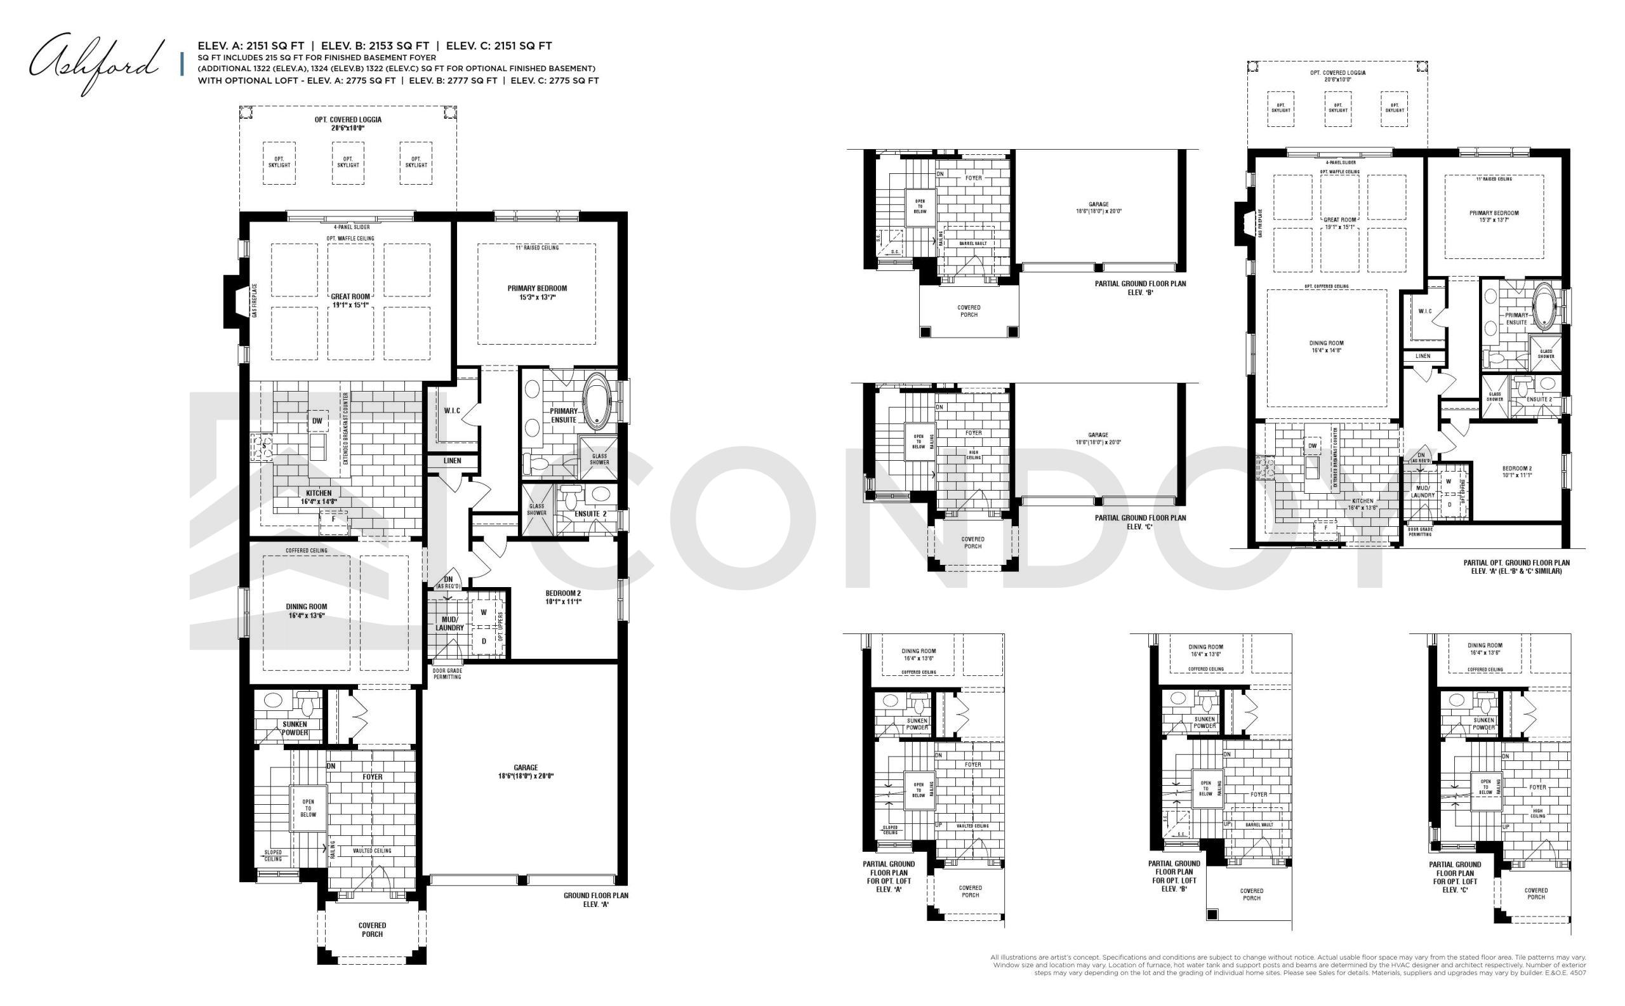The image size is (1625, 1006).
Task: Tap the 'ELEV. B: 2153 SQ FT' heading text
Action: coord(375,46)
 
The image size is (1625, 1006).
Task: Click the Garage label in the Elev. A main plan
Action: coord(525,771)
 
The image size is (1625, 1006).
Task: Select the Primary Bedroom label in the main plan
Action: coord(536,293)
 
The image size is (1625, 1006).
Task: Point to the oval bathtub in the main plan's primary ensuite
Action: coord(596,402)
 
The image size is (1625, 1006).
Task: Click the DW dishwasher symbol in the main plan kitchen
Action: coord(317,421)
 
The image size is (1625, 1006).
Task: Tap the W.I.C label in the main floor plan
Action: coord(452,411)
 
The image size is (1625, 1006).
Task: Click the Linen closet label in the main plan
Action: coord(452,460)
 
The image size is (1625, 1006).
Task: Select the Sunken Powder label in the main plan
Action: coord(294,728)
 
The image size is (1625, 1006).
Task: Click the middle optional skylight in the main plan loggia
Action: coord(348,162)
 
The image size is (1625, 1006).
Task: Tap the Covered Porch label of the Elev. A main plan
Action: coord(372,929)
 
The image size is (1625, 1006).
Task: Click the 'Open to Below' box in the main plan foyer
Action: coord(308,809)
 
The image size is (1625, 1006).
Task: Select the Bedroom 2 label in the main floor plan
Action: coord(563,597)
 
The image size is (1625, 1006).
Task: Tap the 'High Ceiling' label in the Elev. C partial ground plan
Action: coord(973,456)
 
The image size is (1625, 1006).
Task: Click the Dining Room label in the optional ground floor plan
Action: coord(1325,347)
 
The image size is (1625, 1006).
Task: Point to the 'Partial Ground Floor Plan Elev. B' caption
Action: coord(1140,288)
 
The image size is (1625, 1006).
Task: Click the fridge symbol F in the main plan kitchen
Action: coord(333,520)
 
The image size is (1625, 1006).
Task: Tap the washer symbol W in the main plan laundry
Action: coord(484,612)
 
